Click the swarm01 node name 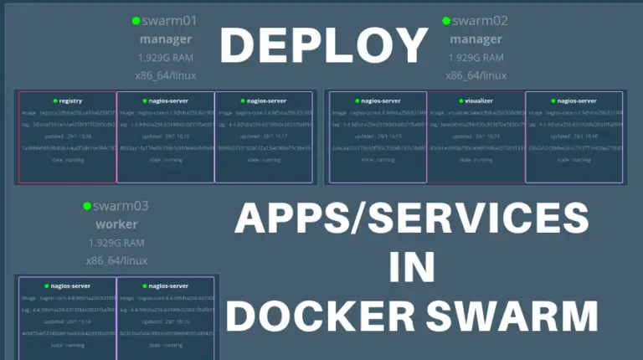[x=170, y=21]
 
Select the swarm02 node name [x=481, y=21]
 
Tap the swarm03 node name [x=121, y=205]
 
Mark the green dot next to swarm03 [x=86, y=205]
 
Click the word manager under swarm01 [x=166, y=39]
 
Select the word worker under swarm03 [x=116, y=224]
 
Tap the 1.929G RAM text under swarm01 [x=166, y=58]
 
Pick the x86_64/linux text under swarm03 [x=116, y=260]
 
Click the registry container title [x=68, y=100]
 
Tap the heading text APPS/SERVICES [x=410, y=220]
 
